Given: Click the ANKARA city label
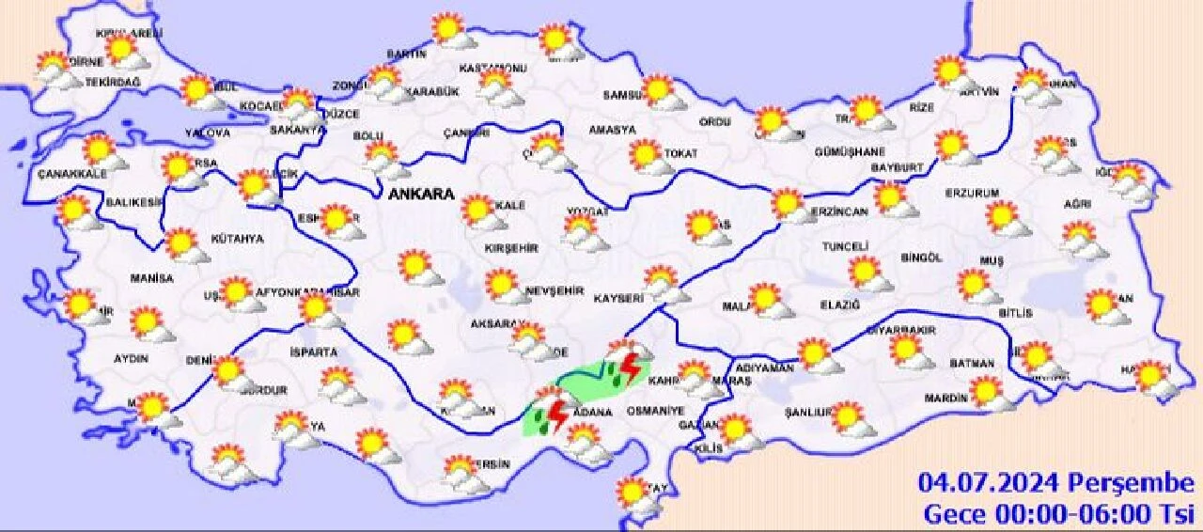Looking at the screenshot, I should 420,195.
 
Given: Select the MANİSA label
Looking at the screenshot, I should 153,279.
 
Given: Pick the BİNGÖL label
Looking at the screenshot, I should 920,258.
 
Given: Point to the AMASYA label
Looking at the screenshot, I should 612,131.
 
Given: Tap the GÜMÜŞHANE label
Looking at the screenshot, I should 850,152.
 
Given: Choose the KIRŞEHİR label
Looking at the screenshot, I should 511,248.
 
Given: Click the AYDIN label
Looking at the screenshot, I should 133,359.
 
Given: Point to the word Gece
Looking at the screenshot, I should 954,513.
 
